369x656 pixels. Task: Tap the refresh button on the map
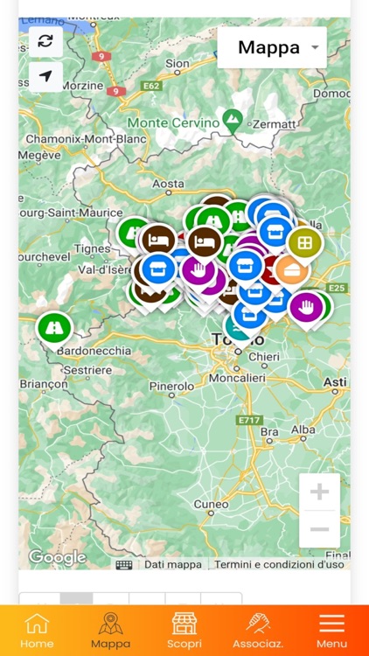(x=45, y=41)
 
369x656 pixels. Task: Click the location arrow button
(x=45, y=76)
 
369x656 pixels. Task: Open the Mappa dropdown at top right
(x=272, y=47)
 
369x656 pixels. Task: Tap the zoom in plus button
(x=319, y=492)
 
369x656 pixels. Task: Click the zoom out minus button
(x=319, y=529)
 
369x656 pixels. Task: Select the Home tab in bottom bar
(x=37, y=630)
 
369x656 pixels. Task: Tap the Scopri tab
(x=184, y=630)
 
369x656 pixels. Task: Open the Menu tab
(x=331, y=630)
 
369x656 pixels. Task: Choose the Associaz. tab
(x=257, y=630)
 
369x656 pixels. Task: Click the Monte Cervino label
(x=173, y=122)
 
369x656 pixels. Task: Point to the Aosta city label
(x=169, y=184)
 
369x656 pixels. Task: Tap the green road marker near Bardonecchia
(x=54, y=327)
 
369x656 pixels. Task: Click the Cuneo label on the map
(x=211, y=504)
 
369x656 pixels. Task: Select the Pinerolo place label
(x=171, y=385)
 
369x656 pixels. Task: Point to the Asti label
(x=335, y=382)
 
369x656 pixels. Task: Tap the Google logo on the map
(x=57, y=557)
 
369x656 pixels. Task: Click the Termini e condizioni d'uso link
(x=279, y=564)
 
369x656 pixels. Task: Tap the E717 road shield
(x=249, y=420)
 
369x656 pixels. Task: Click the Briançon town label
(x=44, y=384)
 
